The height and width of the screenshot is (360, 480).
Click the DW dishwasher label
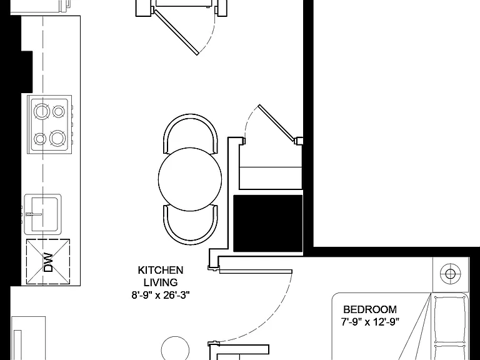(x=48, y=262)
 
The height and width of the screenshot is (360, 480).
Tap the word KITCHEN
(x=161, y=270)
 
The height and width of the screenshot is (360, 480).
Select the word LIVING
(x=161, y=282)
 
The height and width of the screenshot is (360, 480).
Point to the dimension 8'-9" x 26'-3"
(x=161, y=295)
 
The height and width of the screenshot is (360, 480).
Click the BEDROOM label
(x=370, y=309)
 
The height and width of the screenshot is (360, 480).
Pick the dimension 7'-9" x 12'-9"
(x=370, y=322)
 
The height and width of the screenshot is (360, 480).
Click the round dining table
(x=190, y=179)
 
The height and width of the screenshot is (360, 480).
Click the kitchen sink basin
(x=45, y=214)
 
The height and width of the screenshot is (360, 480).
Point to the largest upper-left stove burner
(x=42, y=111)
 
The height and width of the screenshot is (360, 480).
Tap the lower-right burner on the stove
(x=57, y=137)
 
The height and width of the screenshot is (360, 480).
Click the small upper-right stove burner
(x=58, y=111)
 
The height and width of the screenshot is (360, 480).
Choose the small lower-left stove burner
(x=40, y=139)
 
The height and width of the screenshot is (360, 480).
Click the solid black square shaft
(x=268, y=224)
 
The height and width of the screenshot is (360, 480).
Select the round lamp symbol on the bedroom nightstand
(x=450, y=274)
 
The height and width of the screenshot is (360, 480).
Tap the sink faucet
(x=34, y=214)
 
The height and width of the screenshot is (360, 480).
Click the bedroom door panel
(x=256, y=271)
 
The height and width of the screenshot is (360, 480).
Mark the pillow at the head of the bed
(x=450, y=317)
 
